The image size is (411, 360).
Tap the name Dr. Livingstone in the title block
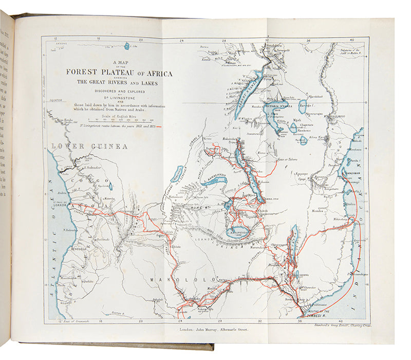click(x=119, y=95)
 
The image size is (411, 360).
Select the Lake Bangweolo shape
click(x=238, y=233)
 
